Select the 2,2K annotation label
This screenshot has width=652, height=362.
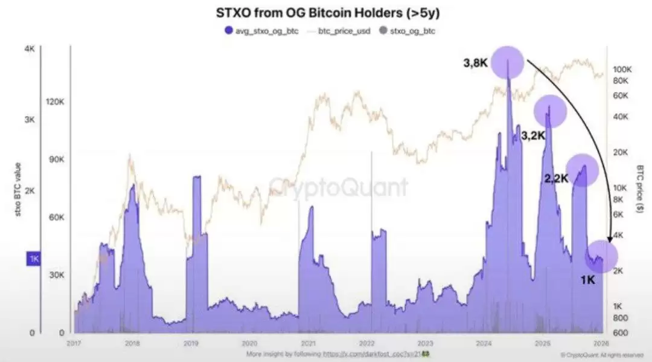point(557,178)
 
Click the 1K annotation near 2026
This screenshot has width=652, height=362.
point(588,280)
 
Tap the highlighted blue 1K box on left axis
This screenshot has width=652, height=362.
point(33,259)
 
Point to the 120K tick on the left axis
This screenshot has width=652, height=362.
point(56,102)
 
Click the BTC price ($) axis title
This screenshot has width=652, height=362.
point(640,187)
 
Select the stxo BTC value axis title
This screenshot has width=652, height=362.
point(18,187)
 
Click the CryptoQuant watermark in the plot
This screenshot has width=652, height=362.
point(338,186)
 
